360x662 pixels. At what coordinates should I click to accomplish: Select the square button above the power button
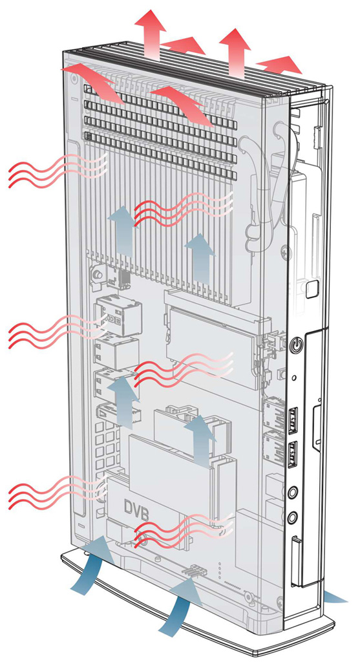click(x=312, y=287)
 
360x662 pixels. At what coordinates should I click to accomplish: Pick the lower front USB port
click(x=293, y=453)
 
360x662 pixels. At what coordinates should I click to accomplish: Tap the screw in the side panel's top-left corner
click(x=74, y=78)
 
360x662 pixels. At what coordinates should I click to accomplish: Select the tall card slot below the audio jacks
click(x=297, y=561)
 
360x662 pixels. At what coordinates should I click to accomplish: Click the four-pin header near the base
click(x=194, y=570)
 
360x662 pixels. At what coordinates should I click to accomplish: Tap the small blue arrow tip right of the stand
click(x=337, y=597)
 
